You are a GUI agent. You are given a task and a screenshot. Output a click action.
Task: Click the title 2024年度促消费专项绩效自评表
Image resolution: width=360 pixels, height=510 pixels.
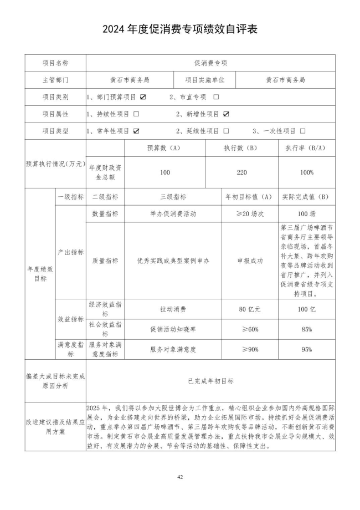click(x=180, y=29)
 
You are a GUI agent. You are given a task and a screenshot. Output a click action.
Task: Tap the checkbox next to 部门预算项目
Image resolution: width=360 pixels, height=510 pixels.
click(x=143, y=97)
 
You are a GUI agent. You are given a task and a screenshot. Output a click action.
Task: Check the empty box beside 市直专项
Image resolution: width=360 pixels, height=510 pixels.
click(x=216, y=97)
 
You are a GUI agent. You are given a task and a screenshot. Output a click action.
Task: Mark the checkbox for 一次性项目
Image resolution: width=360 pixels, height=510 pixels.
click(x=302, y=131)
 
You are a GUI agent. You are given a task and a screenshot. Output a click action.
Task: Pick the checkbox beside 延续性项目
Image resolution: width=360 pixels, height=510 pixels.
click(x=226, y=131)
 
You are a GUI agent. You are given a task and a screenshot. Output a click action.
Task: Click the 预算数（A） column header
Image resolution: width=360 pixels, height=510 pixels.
click(x=164, y=148)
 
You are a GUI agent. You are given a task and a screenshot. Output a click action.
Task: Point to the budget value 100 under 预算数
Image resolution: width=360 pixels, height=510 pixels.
click(x=164, y=172)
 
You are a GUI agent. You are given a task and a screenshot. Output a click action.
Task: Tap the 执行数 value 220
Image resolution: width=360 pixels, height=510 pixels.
click(x=241, y=172)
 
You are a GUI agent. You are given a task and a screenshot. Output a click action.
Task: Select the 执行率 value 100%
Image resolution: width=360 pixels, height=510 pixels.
click(x=306, y=172)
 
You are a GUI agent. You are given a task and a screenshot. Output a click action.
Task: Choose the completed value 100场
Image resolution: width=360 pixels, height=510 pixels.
click(x=306, y=213)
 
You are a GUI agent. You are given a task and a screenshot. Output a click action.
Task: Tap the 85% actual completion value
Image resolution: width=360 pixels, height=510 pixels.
click(x=306, y=329)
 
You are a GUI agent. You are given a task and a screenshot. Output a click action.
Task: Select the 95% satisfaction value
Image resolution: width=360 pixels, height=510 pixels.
click(x=306, y=349)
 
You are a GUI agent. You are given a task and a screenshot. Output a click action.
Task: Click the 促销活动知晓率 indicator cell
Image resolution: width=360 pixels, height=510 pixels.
click(x=173, y=329)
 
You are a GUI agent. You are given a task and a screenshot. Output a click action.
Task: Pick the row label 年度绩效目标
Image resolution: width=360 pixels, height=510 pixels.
click(x=39, y=273)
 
